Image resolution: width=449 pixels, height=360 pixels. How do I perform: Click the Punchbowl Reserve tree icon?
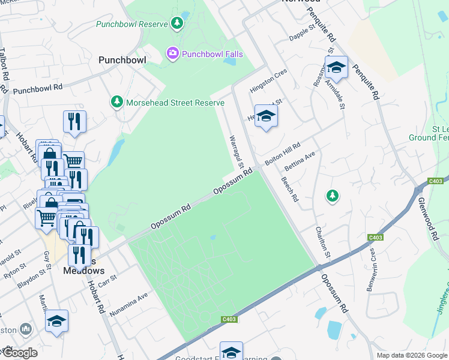point(177,23)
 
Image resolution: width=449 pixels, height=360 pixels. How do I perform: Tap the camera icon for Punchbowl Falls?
point(173,54)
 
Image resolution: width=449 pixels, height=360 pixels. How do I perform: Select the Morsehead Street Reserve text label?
point(175,103)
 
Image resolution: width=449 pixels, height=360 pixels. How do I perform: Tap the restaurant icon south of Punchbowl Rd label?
point(74,121)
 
